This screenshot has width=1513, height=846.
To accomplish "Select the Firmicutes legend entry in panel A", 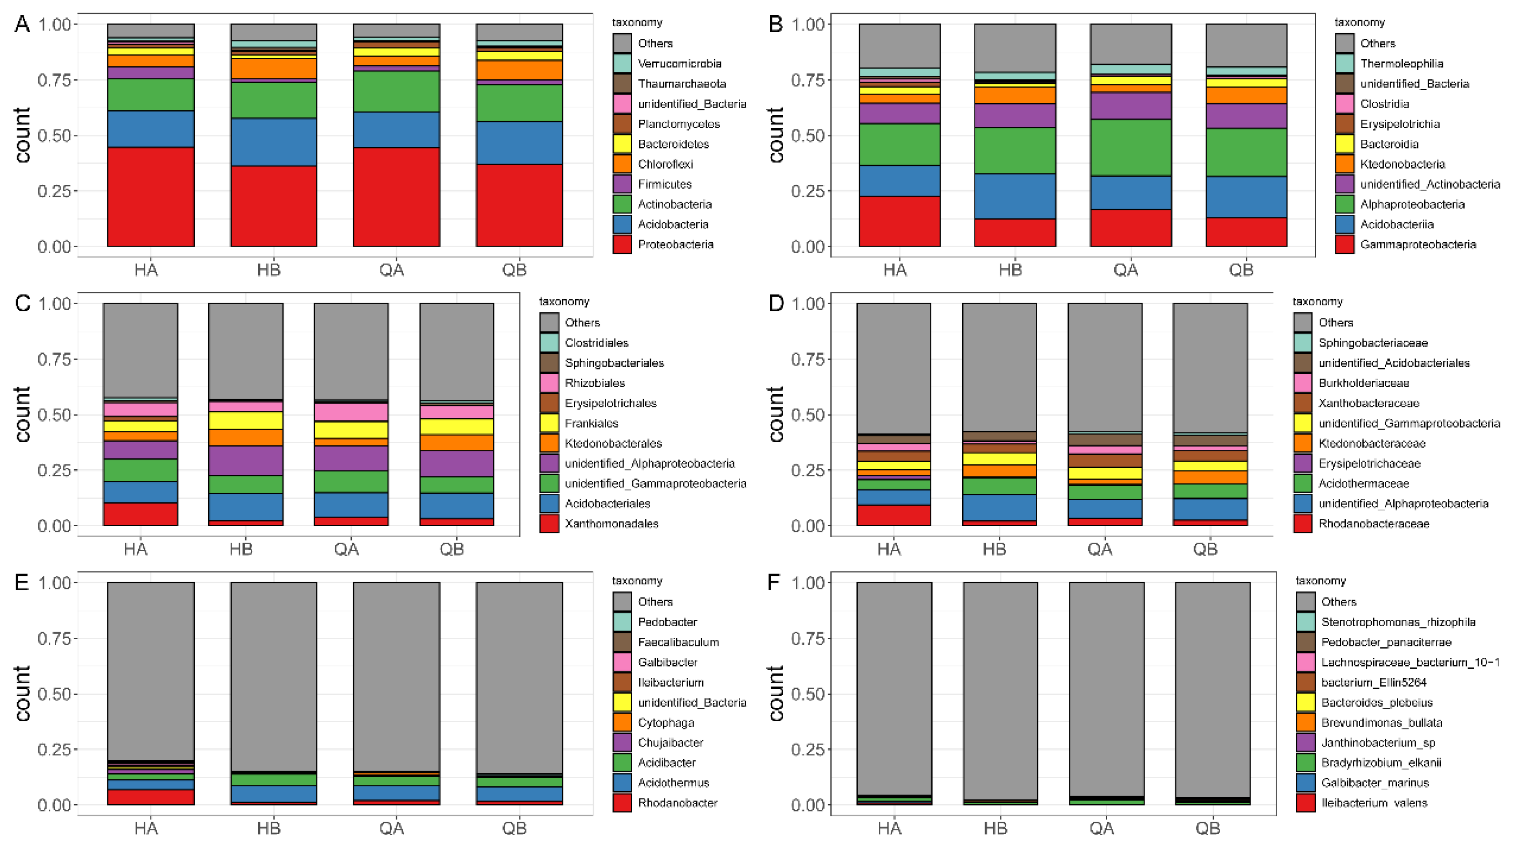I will [x=664, y=184].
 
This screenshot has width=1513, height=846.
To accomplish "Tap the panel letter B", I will [x=775, y=25].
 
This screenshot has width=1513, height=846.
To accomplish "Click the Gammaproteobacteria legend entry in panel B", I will [x=1417, y=244].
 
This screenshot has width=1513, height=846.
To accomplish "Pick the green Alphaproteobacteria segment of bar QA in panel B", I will [x=1131, y=148].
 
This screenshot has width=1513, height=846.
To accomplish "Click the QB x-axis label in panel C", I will [x=451, y=549].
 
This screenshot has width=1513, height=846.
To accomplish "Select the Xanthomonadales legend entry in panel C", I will [x=611, y=524].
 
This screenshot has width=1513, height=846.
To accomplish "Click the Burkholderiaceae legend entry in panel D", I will [x=1363, y=383].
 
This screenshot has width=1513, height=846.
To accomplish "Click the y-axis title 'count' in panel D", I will [x=775, y=414].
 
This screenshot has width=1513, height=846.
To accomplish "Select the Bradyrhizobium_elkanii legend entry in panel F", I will [x=1380, y=762].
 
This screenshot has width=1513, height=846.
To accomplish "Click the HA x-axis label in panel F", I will [x=889, y=829].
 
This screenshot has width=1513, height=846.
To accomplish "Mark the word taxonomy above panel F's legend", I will [x=1321, y=580].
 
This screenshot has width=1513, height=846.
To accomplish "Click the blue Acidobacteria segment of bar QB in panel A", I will [x=519, y=143].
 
